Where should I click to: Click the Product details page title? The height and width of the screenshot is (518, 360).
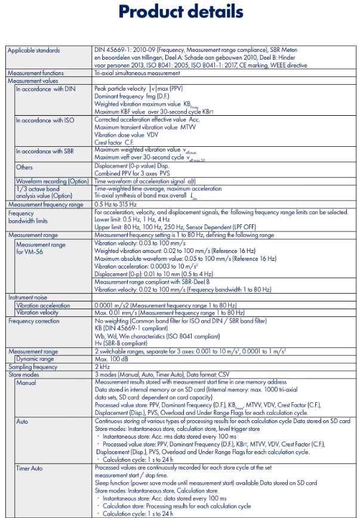coord(180,12)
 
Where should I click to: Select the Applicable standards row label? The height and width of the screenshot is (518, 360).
coord(33,51)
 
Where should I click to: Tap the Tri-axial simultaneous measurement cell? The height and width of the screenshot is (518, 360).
coord(137,73)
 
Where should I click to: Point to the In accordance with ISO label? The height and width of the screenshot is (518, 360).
coord(45,120)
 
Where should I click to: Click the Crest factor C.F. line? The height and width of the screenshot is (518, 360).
coord(113,142)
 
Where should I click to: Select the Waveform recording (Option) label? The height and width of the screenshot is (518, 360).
coord(52,181)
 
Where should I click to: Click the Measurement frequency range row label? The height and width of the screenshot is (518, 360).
coord(45,205)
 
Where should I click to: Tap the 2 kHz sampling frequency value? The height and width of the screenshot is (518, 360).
coord(102,367)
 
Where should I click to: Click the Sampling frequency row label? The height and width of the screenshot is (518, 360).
coord(33,367)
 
